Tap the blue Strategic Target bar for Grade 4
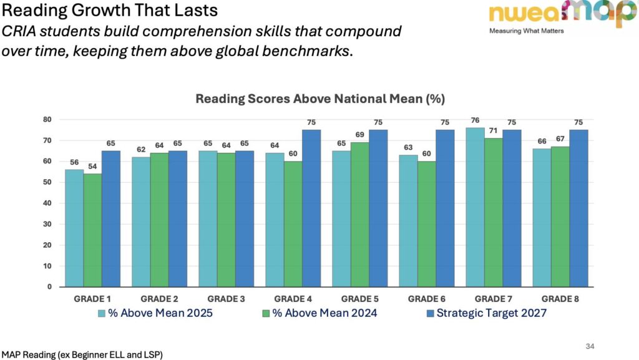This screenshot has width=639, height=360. [311, 208]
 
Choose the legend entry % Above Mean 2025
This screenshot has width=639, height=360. [155, 313]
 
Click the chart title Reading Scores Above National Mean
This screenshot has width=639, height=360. [319, 99]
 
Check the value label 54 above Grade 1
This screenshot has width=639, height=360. [93, 167]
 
